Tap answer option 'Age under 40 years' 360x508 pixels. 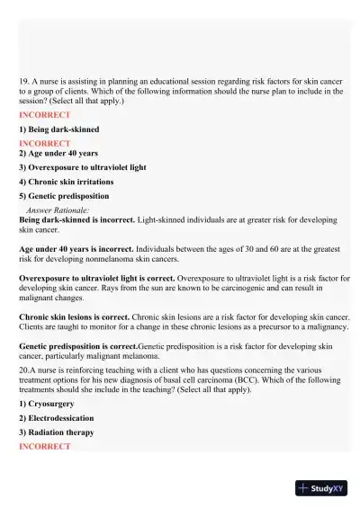[58, 154]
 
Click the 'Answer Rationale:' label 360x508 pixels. [58, 209]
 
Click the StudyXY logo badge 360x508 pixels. [321, 488]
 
